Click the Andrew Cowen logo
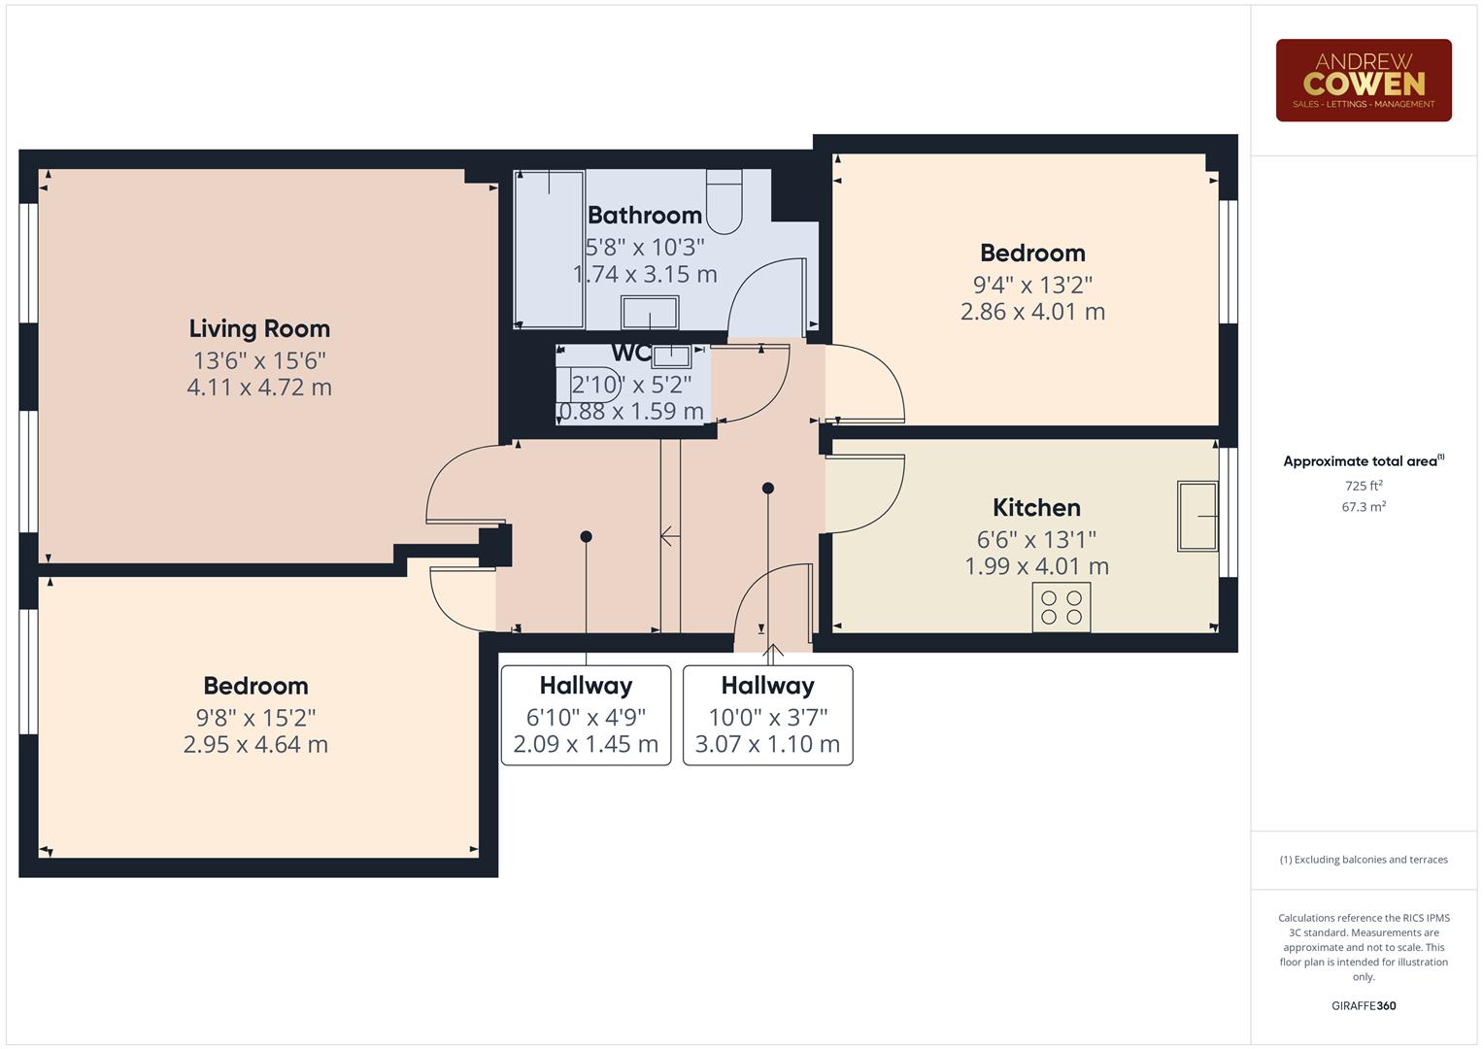tap(1363, 80)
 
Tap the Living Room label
tap(259, 328)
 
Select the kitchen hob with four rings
tap(1061, 607)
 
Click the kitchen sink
tap(1197, 517)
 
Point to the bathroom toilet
tap(724, 201)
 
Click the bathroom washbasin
tap(650, 314)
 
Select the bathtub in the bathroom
tap(549, 250)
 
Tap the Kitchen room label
tap(1036, 507)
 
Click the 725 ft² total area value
tap(1364, 486)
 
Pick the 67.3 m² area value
tap(1364, 506)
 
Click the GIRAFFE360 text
tap(1364, 1005)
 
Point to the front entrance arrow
tap(773, 654)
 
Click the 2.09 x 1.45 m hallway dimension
tap(586, 745)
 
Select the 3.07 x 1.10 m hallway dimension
tap(767, 745)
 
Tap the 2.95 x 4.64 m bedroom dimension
tap(255, 745)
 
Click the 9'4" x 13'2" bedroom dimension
tap(1032, 285)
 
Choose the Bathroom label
tap(644, 215)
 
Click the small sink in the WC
tap(671, 355)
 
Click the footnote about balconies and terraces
tap(1364, 860)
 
